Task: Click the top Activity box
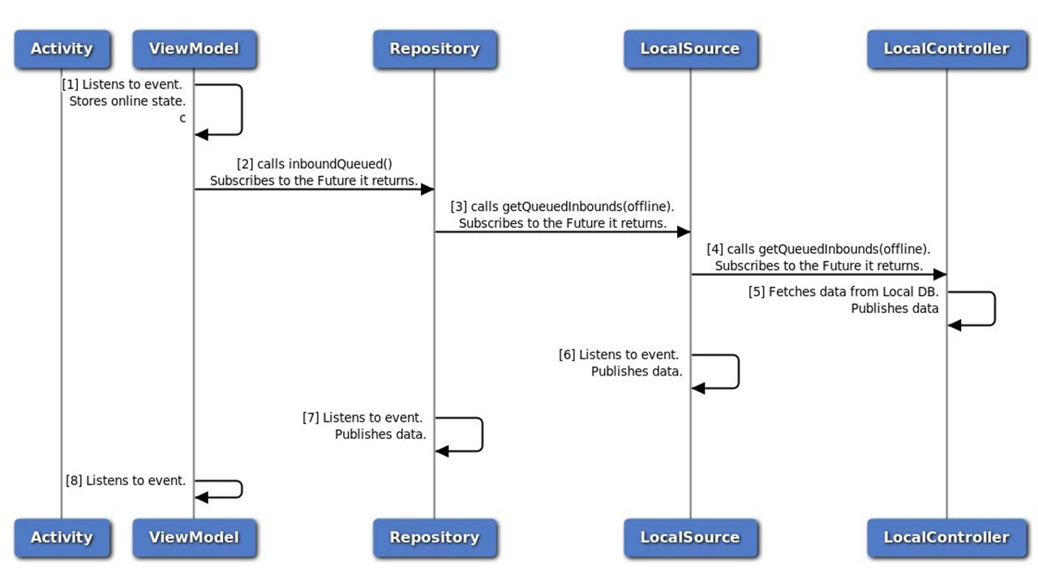coord(61,49)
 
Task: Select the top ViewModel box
coord(194,49)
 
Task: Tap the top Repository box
coord(434,49)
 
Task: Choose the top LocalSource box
coord(690,49)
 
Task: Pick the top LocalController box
coord(946,49)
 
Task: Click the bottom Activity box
coord(61,537)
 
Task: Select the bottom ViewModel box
coord(194,537)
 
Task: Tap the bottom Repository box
coord(434,537)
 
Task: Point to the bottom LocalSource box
coord(690,537)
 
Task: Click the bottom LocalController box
coord(946,537)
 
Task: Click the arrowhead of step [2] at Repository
coord(427,189)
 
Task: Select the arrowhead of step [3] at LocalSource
coord(683,232)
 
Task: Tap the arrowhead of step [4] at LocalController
coord(939,274)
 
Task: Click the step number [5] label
coord(756,292)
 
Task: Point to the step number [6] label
coord(567,354)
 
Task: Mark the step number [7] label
coord(311,418)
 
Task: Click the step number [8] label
coord(74,480)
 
